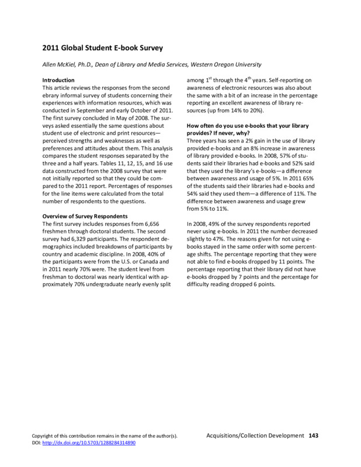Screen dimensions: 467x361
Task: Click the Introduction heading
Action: point(59,80)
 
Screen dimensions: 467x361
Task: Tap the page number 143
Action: point(314,435)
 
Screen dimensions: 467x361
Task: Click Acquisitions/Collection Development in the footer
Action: point(256,435)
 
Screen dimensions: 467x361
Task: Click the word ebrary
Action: point(53,95)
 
